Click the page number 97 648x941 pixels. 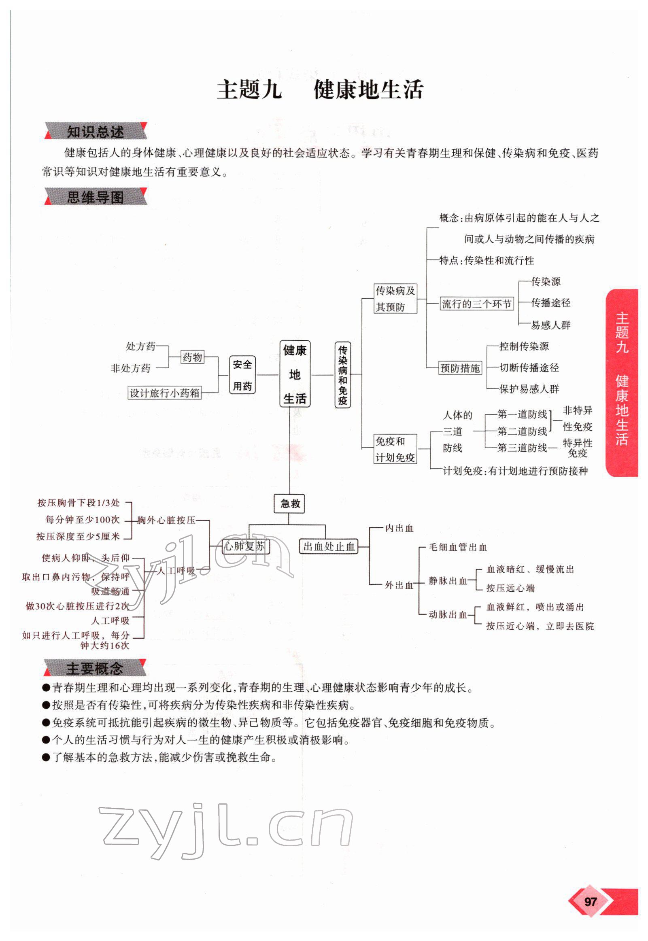[x=590, y=902]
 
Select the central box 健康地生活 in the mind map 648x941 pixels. [x=295, y=374]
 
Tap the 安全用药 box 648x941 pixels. [x=242, y=375]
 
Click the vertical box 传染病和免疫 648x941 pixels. [x=343, y=375]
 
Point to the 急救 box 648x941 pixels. [x=289, y=503]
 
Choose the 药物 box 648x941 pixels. [x=192, y=357]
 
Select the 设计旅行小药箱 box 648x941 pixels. [x=164, y=393]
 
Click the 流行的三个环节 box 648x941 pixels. [x=477, y=304]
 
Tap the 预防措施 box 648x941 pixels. [x=460, y=368]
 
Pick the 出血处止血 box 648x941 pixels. [x=329, y=546]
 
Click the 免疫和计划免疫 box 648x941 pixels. [x=395, y=449]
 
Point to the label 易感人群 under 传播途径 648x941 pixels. [x=550, y=325]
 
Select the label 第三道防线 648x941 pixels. [x=522, y=447]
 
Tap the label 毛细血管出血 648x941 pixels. [x=458, y=547]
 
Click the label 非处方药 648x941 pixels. [x=131, y=368]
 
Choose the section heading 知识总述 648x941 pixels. [x=95, y=132]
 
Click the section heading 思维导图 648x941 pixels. [x=95, y=197]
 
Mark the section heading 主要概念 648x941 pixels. [x=94, y=668]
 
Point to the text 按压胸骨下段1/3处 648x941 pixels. [x=79, y=503]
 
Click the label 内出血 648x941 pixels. [x=399, y=528]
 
